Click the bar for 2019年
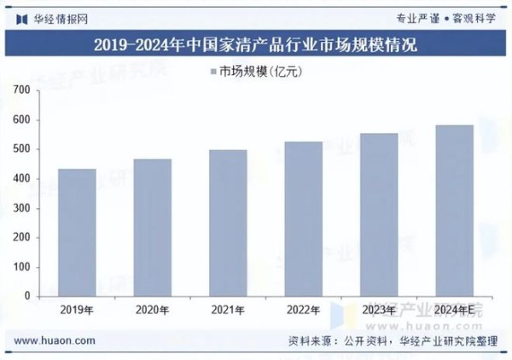point(77,232)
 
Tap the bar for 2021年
point(228,223)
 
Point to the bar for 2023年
point(379,214)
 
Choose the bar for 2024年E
point(454,211)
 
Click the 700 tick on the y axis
point(22,90)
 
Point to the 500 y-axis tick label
point(22,149)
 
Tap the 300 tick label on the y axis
point(22,208)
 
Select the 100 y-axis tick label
point(22,267)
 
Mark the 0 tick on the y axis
point(27,296)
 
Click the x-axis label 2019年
point(77,309)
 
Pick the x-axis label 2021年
point(228,309)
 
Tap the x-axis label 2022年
point(304,309)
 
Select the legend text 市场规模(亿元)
point(260,72)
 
